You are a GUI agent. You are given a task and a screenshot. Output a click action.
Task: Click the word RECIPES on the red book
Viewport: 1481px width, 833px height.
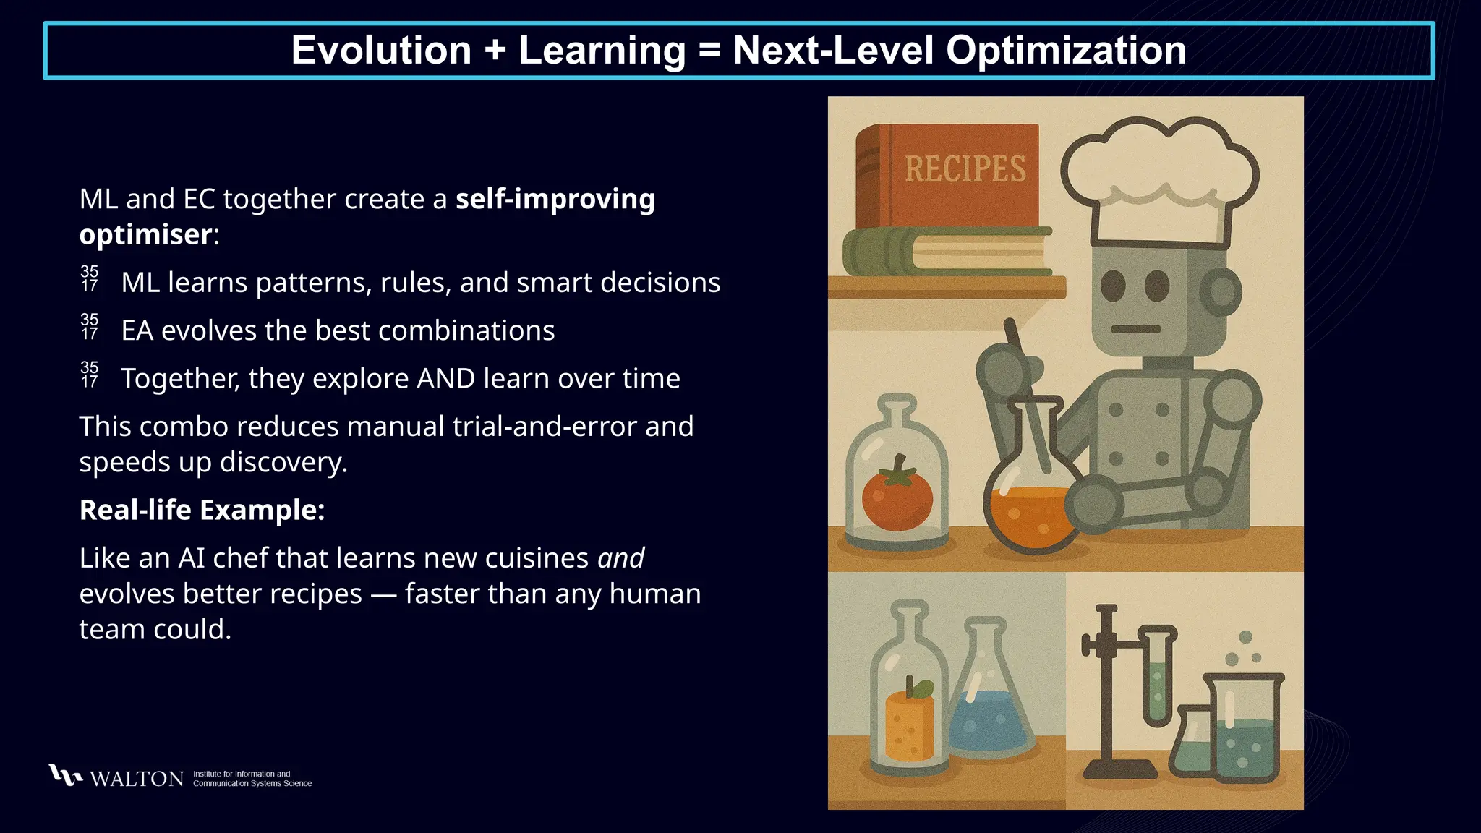click(x=965, y=169)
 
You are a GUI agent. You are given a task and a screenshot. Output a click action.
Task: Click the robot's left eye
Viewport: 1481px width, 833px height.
click(x=1113, y=286)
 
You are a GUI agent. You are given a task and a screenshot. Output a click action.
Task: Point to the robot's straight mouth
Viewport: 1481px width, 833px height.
click(x=1135, y=329)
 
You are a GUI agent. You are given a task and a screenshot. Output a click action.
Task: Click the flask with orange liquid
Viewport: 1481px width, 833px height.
click(x=1032, y=506)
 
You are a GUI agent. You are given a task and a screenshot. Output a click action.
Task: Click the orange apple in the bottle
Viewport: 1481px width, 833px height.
click(x=909, y=723)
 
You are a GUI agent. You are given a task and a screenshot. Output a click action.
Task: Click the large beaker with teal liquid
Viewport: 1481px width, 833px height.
click(x=1244, y=730)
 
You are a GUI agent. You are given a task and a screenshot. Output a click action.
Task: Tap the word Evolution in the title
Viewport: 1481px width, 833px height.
click(x=381, y=51)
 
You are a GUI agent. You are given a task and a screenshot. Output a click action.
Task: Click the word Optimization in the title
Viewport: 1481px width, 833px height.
click(x=1066, y=51)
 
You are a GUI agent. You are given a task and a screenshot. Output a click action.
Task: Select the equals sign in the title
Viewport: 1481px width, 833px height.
click(x=709, y=51)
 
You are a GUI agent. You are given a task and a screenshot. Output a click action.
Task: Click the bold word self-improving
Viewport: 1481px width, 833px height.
click(x=555, y=199)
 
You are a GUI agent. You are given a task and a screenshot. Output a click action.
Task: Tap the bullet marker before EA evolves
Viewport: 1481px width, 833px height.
click(x=90, y=327)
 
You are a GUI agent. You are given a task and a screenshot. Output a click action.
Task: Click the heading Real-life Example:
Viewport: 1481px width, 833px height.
click(x=202, y=510)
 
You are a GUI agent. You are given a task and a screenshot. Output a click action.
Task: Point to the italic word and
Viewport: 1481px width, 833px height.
click(x=620, y=558)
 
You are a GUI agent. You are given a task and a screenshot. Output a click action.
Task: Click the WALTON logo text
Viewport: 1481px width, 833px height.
click(x=137, y=779)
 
